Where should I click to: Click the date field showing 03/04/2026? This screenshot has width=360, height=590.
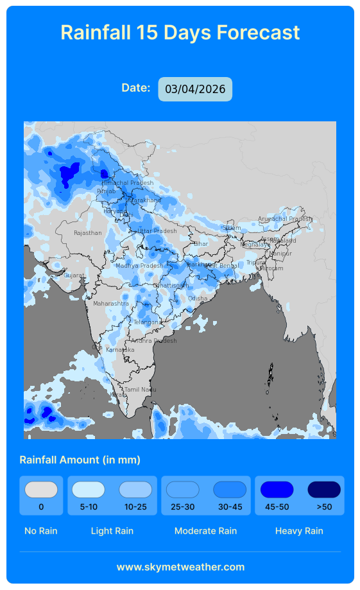pyautogui.click(x=195, y=89)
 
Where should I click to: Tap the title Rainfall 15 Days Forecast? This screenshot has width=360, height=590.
pyautogui.click(x=180, y=32)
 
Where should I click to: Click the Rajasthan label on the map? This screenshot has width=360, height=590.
pyautogui.click(x=87, y=233)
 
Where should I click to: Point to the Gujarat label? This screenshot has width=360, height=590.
pyautogui.click(x=74, y=275)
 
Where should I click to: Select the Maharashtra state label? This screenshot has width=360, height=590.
pyautogui.click(x=111, y=303)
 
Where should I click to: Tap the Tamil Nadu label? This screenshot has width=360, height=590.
pyautogui.click(x=140, y=390)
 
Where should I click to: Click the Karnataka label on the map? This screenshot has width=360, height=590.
pyautogui.click(x=120, y=350)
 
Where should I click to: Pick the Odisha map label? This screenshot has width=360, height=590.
pyautogui.click(x=198, y=299)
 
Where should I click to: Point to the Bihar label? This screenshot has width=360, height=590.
pyautogui.click(x=201, y=244)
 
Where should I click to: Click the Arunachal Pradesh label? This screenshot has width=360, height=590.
pyautogui.click(x=284, y=219)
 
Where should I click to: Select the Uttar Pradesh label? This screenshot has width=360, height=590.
pyautogui.click(x=157, y=231)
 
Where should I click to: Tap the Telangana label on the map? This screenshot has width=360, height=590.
pyautogui.click(x=148, y=322)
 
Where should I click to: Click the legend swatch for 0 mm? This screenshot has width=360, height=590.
pyautogui.click(x=41, y=490)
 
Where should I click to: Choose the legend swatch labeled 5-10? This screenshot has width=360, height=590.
pyautogui.click(x=88, y=490)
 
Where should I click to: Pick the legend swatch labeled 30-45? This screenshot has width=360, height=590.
pyautogui.click(x=230, y=490)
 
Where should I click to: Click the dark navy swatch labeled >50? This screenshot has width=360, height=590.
pyautogui.click(x=324, y=490)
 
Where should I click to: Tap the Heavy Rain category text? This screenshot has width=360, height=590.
pyautogui.click(x=299, y=531)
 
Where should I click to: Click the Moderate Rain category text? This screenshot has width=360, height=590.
pyautogui.click(x=205, y=531)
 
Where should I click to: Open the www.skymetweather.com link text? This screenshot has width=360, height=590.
pyautogui.click(x=180, y=567)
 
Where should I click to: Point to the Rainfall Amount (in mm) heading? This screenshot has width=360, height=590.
pyautogui.click(x=80, y=460)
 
